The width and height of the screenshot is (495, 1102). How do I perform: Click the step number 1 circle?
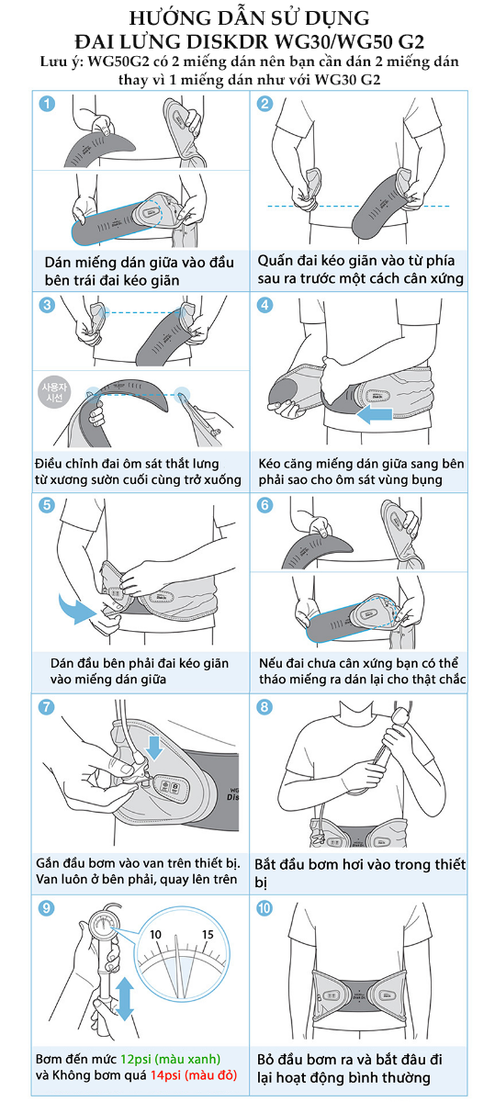[47, 104]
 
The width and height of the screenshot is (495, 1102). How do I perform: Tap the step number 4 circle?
[264, 305]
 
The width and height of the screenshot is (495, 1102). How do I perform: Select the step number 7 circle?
[46, 707]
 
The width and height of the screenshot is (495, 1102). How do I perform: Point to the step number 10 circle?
[264, 907]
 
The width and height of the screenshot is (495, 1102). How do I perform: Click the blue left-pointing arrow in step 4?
[374, 414]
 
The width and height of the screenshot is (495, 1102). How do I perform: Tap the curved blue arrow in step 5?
[74, 608]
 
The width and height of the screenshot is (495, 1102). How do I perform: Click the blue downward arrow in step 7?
[155, 748]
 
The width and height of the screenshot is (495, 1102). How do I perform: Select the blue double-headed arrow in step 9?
[125, 998]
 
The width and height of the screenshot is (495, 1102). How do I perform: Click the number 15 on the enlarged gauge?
[208, 934]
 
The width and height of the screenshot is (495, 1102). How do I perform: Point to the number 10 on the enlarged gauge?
[155, 934]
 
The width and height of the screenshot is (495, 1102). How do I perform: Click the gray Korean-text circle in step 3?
[54, 393]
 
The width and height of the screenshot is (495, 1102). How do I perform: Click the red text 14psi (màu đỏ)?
[194, 1075]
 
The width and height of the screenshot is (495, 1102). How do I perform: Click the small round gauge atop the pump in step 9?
[104, 926]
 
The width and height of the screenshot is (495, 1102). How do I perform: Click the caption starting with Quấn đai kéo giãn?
[360, 270]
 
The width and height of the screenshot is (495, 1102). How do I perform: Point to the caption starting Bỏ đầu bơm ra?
[349, 1068]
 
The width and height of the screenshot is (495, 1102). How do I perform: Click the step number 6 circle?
[264, 505]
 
